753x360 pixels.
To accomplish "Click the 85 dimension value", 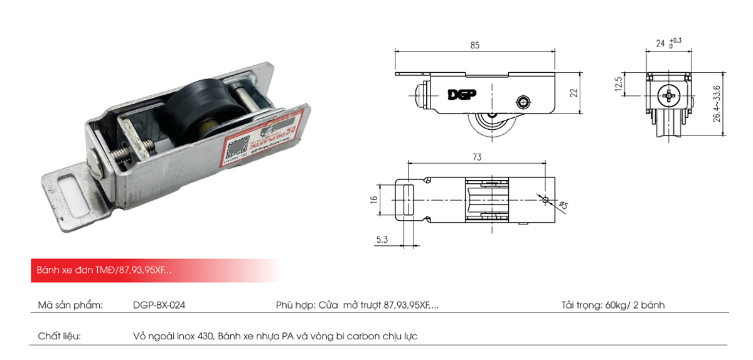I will pyautogui.click(x=474, y=45).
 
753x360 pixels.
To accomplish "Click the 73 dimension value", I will pyautogui.click(x=477, y=157).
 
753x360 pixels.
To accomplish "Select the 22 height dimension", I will pyautogui.click(x=573, y=93).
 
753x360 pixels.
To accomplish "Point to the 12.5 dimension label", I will pyautogui.click(x=618, y=83).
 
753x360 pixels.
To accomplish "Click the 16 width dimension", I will pyautogui.click(x=374, y=199).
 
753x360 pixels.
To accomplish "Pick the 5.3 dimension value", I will pyautogui.click(x=382, y=238).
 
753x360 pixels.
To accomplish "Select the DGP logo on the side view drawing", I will pyautogui.click(x=462, y=95).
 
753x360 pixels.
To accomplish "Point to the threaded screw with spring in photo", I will pyautogui.click(x=135, y=151).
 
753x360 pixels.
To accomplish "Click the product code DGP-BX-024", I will pyautogui.click(x=159, y=306).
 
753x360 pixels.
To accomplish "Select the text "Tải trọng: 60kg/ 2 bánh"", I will pyautogui.click(x=612, y=306).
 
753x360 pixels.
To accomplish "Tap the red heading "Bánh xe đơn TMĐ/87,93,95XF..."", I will pyautogui.click(x=101, y=270).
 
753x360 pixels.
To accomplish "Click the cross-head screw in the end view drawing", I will pyautogui.click(x=670, y=97).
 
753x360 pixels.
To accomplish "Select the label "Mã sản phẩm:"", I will pyautogui.click(x=70, y=306).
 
